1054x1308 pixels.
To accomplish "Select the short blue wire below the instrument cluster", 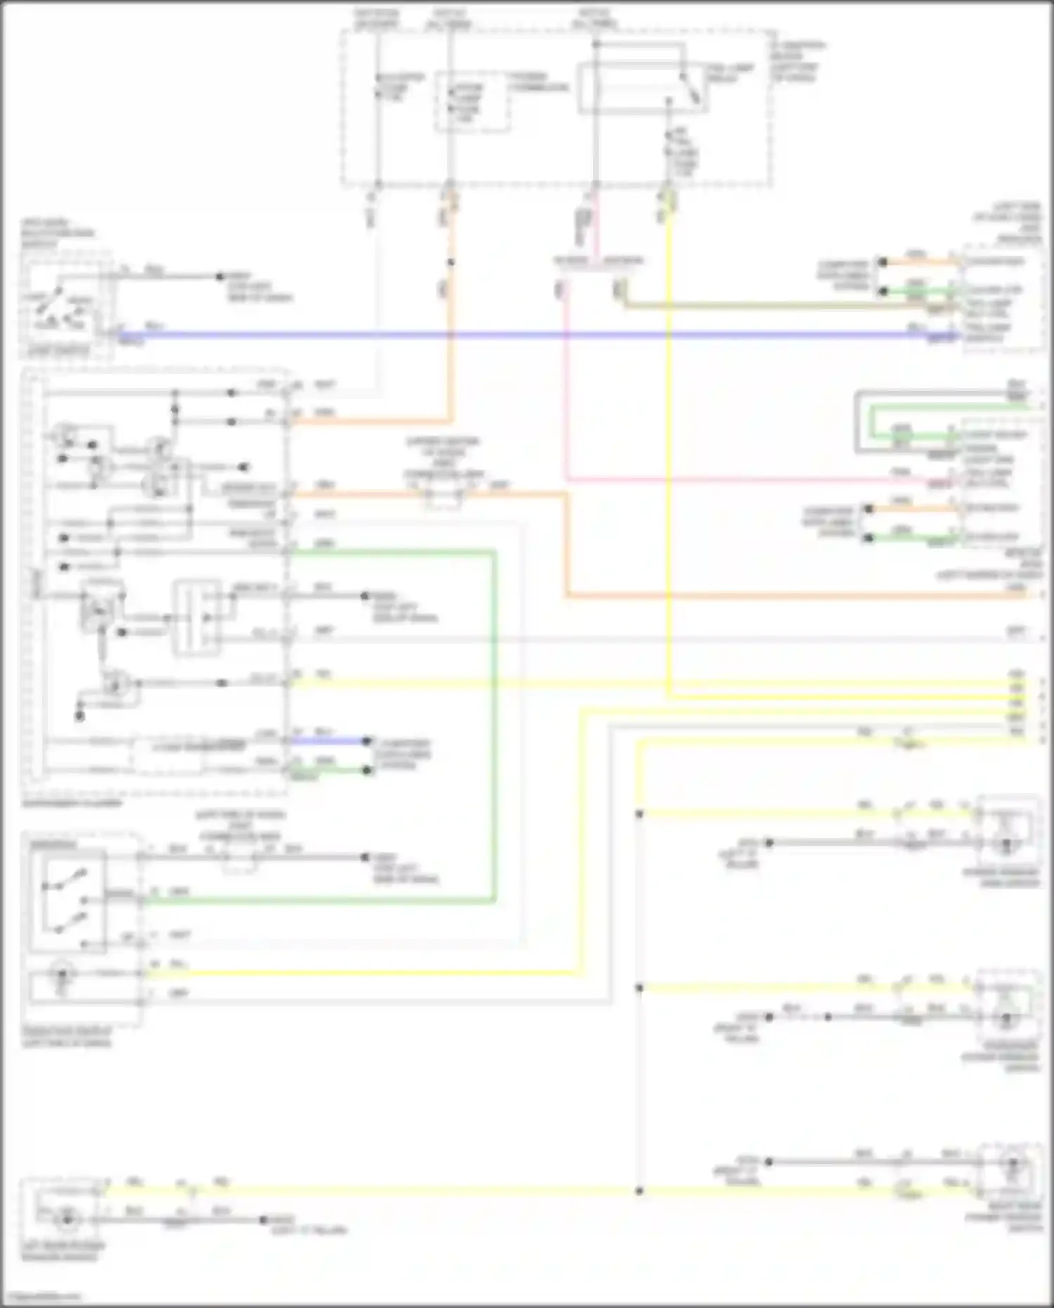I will (x=327, y=740).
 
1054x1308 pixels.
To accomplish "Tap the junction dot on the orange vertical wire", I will (x=450, y=263).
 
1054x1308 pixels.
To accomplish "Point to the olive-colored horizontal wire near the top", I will (x=752, y=306).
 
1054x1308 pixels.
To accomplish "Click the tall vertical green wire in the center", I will (x=495, y=724).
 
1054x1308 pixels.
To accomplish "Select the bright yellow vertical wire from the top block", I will (x=669, y=450).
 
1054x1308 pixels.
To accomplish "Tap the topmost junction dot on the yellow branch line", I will (x=639, y=814).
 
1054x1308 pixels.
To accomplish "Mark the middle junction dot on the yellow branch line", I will (x=639, y=988).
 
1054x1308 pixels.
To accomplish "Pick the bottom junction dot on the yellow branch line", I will (x=639, y=1191).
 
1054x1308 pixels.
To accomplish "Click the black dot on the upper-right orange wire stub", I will (x=883, y=262).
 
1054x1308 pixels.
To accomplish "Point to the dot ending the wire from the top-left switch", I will (x=219, y=277).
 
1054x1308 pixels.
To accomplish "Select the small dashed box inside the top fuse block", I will (x=472, y=101).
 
